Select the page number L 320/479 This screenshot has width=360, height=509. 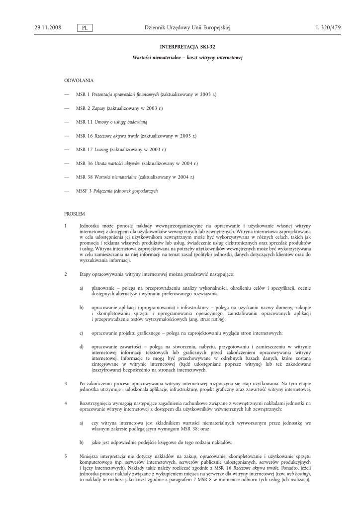[328, 28]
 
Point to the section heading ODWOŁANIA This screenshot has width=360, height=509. [79, 80]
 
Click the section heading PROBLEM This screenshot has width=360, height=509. [75, 213]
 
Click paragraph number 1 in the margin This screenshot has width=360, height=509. [66, 226]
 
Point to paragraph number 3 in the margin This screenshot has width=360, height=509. [66, 383]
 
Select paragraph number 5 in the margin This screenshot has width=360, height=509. [66, 456]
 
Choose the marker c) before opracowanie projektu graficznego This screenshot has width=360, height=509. [81, 333]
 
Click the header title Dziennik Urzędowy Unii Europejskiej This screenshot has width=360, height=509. [187, 28]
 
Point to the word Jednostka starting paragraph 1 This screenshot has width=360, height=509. [91, 226]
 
